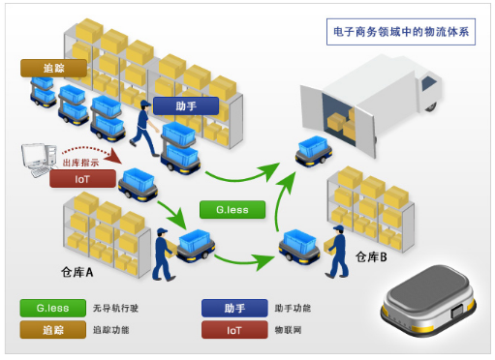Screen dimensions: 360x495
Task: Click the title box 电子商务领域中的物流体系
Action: tap(400, 32)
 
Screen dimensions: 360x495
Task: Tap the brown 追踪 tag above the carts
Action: tap(53, 70)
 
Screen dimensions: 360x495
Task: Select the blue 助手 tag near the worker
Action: tap(186, 105)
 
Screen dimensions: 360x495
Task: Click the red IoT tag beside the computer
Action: tap(82, 179)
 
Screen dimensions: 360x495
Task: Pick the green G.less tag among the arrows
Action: tap(232, 209)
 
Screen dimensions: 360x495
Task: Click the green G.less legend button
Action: tap(51, 309)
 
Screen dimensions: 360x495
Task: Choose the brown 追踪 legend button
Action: tap(51, 330)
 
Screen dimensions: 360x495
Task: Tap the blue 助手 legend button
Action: tap(234, 309)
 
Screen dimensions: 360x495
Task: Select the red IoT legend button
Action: tap(234, 330)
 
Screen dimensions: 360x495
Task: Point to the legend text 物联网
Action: tap(291, 330)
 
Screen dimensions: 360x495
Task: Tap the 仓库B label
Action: tap(370, 256)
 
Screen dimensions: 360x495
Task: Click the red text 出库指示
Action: tap(80, 162)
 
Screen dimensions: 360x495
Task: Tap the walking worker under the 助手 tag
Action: tap(145, 131)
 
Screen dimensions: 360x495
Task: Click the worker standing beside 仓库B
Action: tap(336, 252)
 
